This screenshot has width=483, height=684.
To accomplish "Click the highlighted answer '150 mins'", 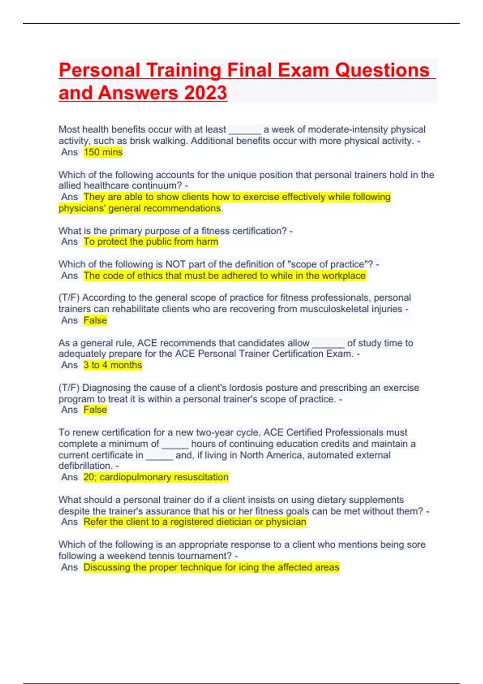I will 103,152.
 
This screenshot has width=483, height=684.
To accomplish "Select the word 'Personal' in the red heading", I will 99,70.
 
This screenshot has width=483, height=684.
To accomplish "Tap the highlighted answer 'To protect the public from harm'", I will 151,241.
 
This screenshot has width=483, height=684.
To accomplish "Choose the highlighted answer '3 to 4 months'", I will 113,365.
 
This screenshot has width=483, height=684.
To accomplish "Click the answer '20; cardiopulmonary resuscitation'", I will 156,477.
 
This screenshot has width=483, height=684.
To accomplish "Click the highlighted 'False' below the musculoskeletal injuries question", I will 95,320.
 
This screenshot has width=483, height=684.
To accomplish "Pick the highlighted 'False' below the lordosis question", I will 95,410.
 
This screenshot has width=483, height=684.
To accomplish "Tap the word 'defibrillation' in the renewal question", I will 85,466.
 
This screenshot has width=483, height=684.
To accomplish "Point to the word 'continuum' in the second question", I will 161,185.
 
